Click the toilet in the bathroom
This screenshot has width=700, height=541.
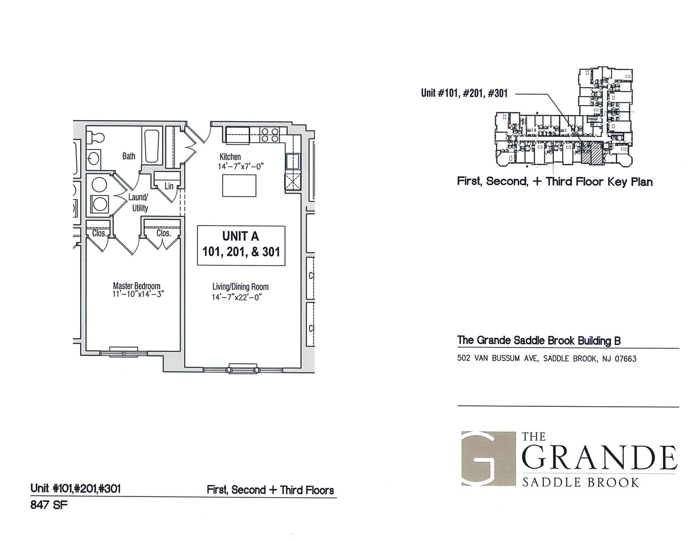[96, 138]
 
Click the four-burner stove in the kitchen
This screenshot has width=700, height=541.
[270, 135]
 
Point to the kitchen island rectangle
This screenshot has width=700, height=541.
[239, 186]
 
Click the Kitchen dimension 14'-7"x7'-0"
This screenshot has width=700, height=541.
[241, 167]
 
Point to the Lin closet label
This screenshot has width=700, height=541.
[169, 186]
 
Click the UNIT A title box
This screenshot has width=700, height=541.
[241, 245]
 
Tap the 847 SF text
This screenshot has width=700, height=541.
[49, 505]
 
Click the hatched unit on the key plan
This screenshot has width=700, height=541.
[592, 154]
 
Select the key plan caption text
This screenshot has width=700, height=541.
[555, 181]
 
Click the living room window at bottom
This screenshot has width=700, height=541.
[243, 369]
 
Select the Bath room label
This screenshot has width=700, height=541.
[129, 156]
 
